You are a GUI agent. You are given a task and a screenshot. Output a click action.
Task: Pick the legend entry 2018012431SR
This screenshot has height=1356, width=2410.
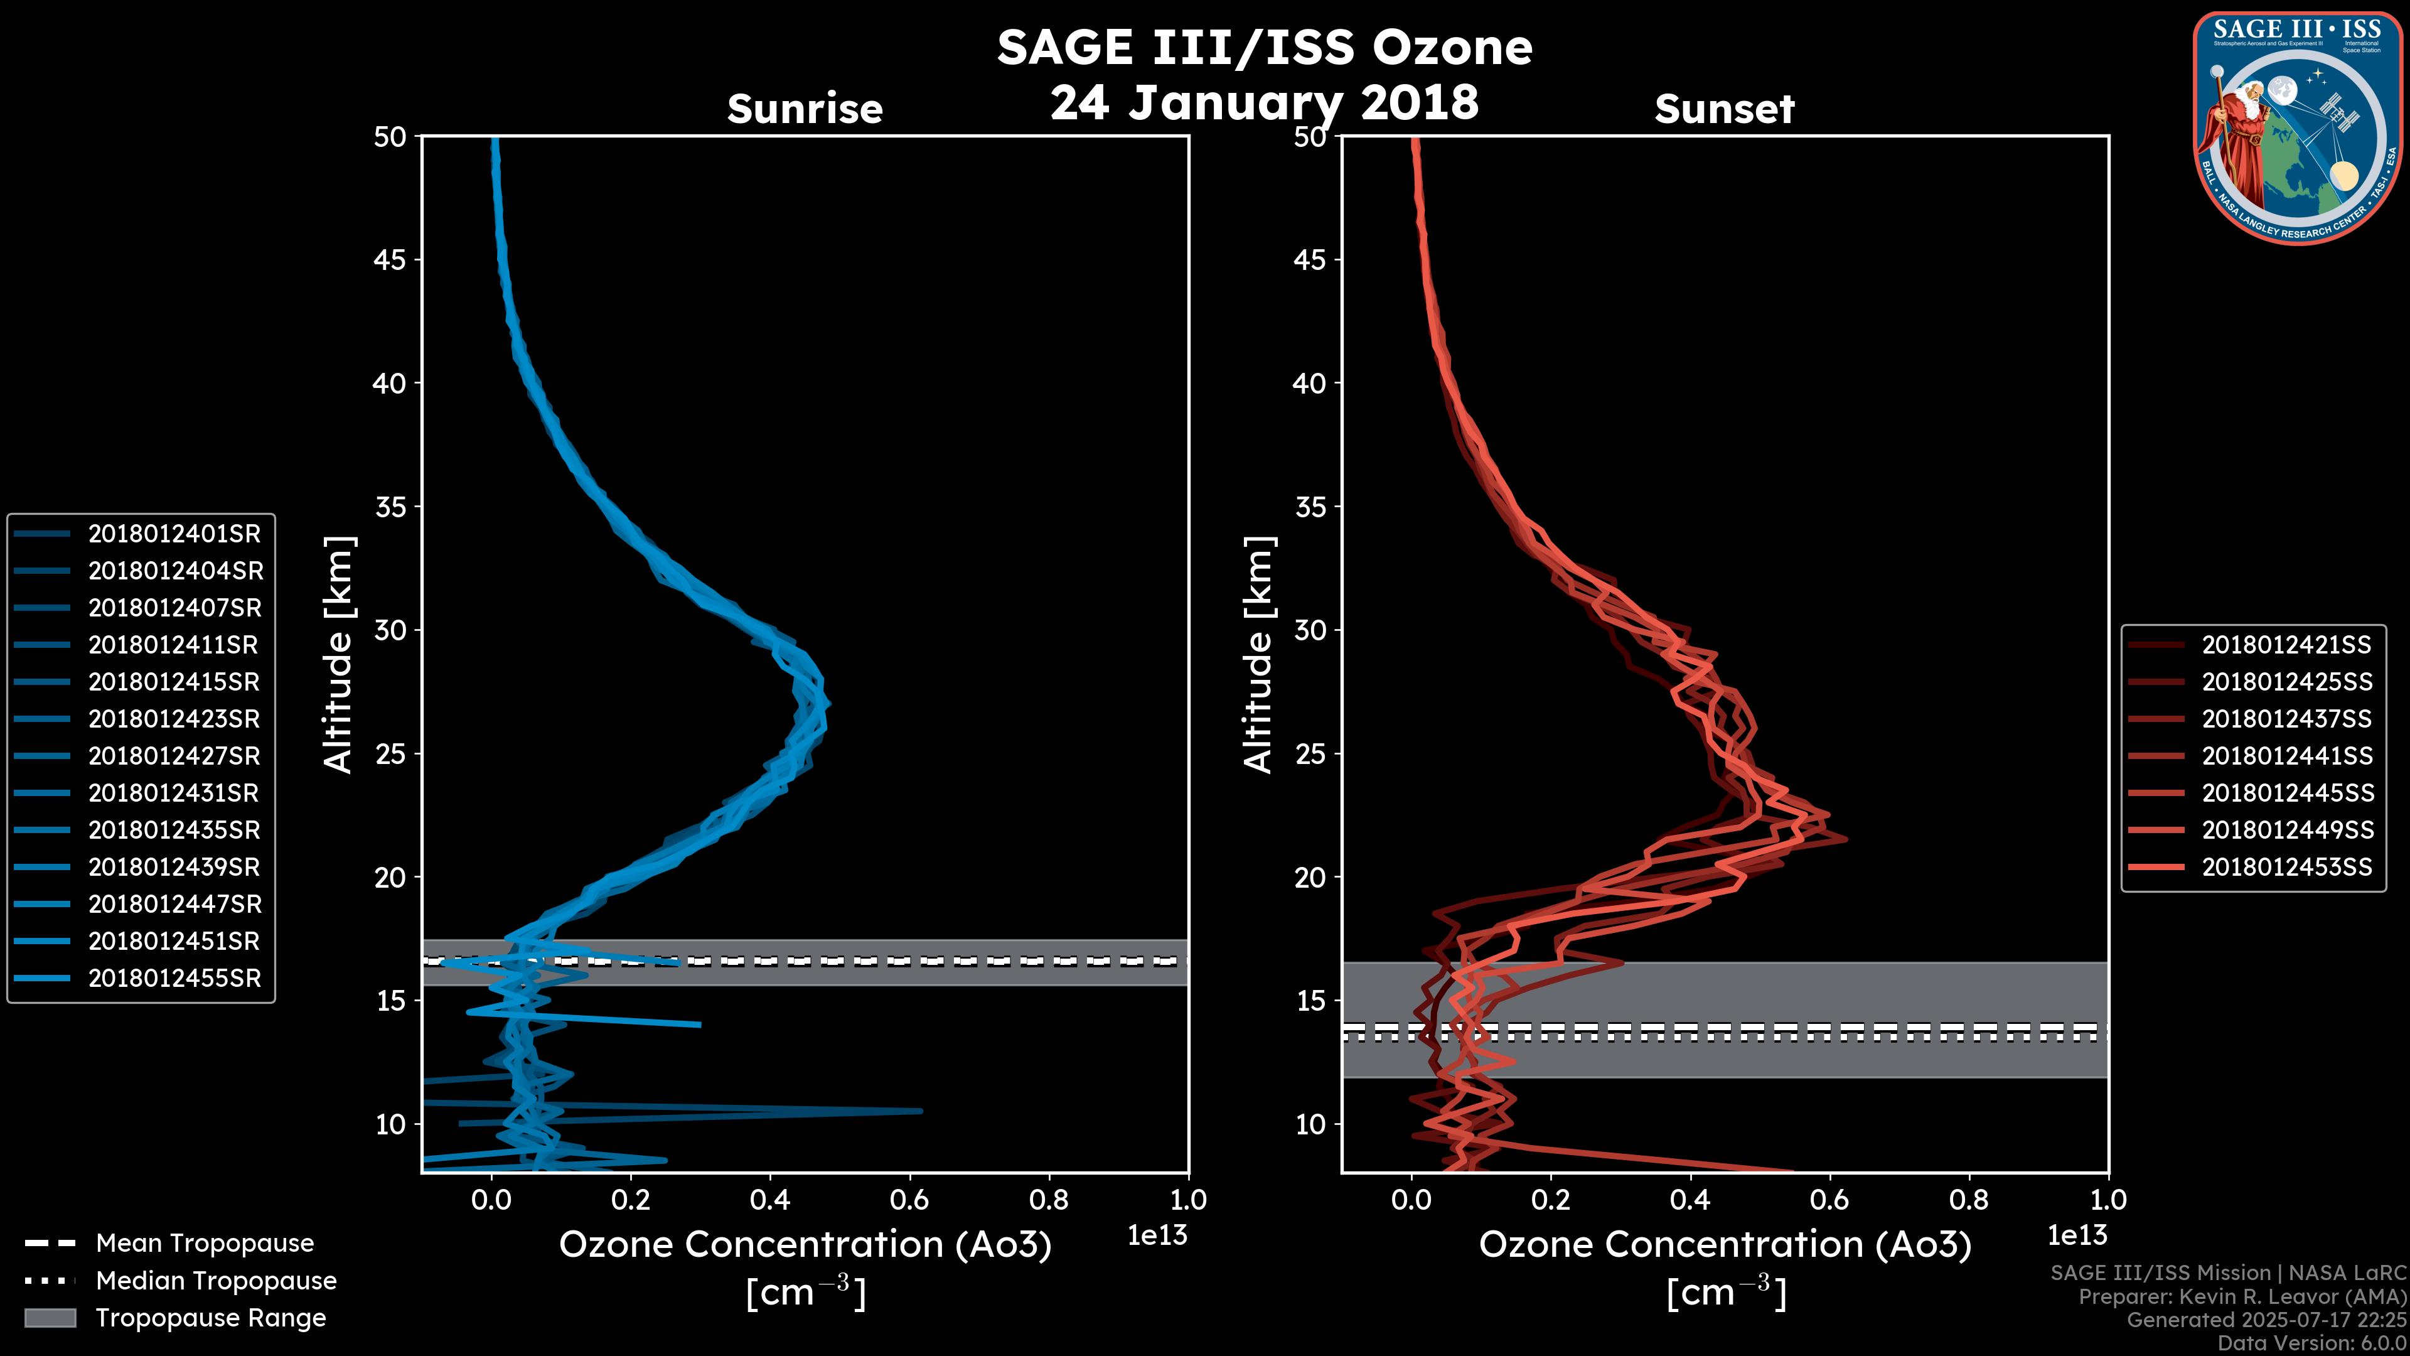click(x=173, y=793)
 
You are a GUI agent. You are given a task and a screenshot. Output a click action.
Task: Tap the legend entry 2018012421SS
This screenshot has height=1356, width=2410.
click(x=2286, y=645)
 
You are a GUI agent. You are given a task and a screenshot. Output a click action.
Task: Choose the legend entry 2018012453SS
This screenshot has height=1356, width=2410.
click(x=2286, y=868)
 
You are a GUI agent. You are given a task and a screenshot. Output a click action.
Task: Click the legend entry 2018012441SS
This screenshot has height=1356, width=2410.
click(x=2286, y=756)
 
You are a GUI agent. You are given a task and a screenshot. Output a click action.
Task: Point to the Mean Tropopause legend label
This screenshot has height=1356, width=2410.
click(x=205, y=1243)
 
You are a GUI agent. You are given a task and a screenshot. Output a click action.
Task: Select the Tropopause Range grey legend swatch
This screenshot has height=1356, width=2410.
click(x=50, y=1318)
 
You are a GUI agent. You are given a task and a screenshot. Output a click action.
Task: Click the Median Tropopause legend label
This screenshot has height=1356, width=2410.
click(x=216, y=1280)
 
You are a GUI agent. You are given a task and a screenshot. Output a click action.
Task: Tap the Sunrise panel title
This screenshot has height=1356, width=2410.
click(x=805, y=109)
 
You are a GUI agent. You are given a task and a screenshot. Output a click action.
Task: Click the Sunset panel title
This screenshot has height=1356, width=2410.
click(x=1724, y=109)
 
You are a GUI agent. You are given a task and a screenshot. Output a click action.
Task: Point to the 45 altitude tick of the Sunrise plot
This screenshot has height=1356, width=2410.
click(x=390, y=259)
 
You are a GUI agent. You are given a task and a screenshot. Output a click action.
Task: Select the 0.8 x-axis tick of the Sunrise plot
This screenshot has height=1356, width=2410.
click(x=1049, y=1200)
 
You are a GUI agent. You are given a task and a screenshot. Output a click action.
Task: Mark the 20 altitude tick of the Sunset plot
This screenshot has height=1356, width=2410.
click(x=1310, y=877)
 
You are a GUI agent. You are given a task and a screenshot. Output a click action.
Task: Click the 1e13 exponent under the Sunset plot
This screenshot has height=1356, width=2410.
click(x=2077, y=1235)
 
